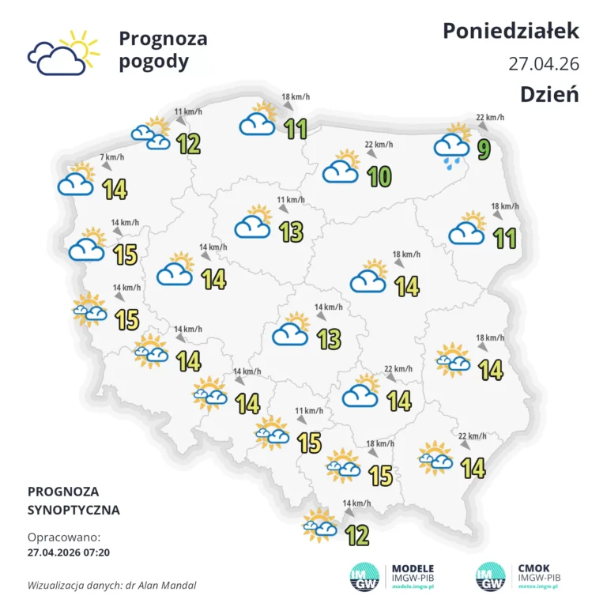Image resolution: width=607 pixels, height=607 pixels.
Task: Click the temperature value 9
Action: pyautogui.click(x=483, y=148)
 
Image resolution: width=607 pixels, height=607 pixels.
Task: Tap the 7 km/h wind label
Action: pyautogui.click(x=111, y=157)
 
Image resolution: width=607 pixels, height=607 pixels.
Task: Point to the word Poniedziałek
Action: pyautogui.click(x=511, y=31)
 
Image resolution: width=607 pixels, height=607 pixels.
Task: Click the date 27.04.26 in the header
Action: pyautogui.click(x=544, y=63)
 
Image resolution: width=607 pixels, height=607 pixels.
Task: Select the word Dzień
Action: pyautogui.click(x=549, y=93)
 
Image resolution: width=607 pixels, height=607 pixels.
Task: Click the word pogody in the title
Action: pyautogui.click(x=154, y=62)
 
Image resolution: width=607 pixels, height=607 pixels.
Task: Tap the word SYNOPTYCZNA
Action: pyautogui.click(x=74, y=510)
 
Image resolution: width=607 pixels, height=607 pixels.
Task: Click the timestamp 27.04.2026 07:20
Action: pyautogui.click(x=69, y=552)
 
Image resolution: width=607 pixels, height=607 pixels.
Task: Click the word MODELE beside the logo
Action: pyautogui.click(x=413, y=568)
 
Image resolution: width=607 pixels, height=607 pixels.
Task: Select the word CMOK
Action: pyautogui.click(x=534, y=568)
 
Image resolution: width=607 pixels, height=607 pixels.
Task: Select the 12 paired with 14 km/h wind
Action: pyautogui.click(x=357, y=535)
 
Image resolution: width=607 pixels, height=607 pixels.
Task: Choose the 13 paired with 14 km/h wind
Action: pyautogui.click(x=329, y=338)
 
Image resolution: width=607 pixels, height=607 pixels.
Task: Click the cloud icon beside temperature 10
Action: pyautogui.click(x=341, y=169)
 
